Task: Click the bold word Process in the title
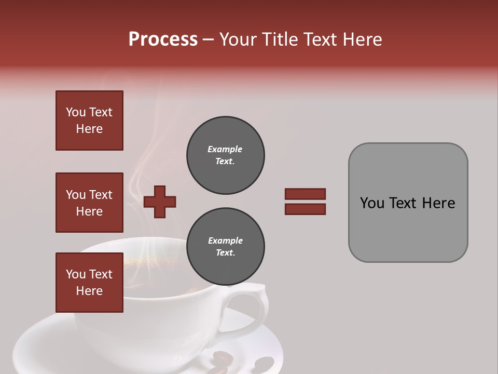point(163,39)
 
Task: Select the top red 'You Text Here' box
point(89,121)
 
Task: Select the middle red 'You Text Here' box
point(89,203)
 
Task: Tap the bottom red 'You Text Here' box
point(89,283)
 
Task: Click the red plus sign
point(160,202)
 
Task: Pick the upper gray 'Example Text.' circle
point(225,155)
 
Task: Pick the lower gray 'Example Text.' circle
point(225,247)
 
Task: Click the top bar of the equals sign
point(305,194)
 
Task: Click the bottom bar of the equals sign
point(305,209)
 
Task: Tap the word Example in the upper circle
point(225,149)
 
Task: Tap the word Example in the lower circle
point(225,241)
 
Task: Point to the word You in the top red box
point(75,112)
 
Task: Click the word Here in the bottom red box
point(89,291)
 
